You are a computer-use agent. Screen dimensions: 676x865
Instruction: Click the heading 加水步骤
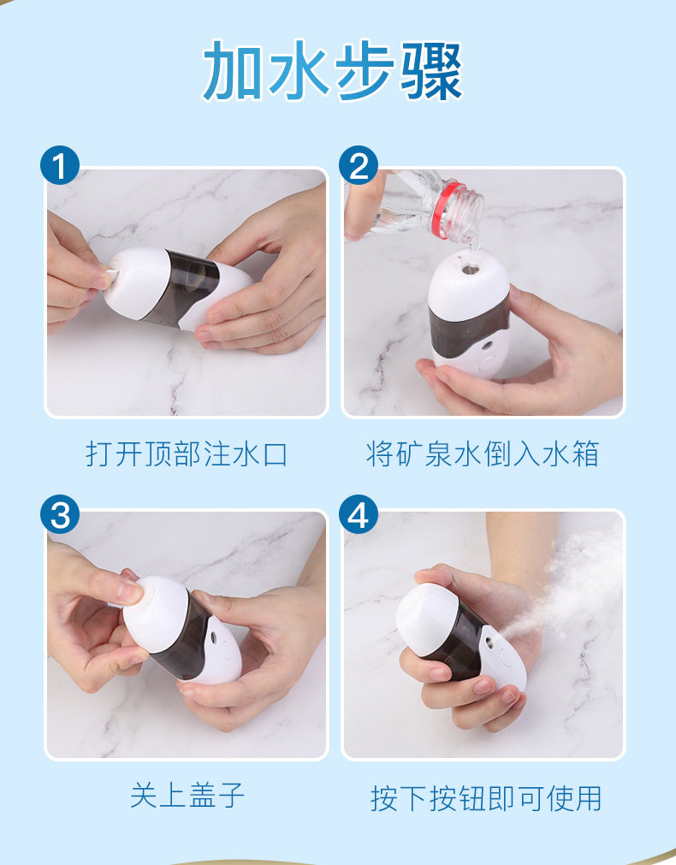point(333,71)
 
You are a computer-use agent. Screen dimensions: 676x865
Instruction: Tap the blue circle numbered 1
point(60,165)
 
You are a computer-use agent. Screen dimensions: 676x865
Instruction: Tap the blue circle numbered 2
point(359,165)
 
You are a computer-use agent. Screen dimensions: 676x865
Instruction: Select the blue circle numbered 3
point(60,515)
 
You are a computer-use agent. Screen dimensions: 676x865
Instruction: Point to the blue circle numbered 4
point(359,515)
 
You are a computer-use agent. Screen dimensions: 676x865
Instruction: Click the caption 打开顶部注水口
point(187,454)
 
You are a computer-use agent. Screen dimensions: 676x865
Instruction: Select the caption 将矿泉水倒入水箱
point(483,454)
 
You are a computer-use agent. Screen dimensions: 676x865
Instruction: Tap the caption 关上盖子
point(187,796)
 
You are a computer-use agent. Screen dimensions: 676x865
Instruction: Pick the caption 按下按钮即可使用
point(486,798)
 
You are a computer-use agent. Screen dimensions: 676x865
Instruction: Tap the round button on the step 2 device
point(489,364)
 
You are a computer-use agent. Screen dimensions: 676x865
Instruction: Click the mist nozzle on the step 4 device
point(489,642)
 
